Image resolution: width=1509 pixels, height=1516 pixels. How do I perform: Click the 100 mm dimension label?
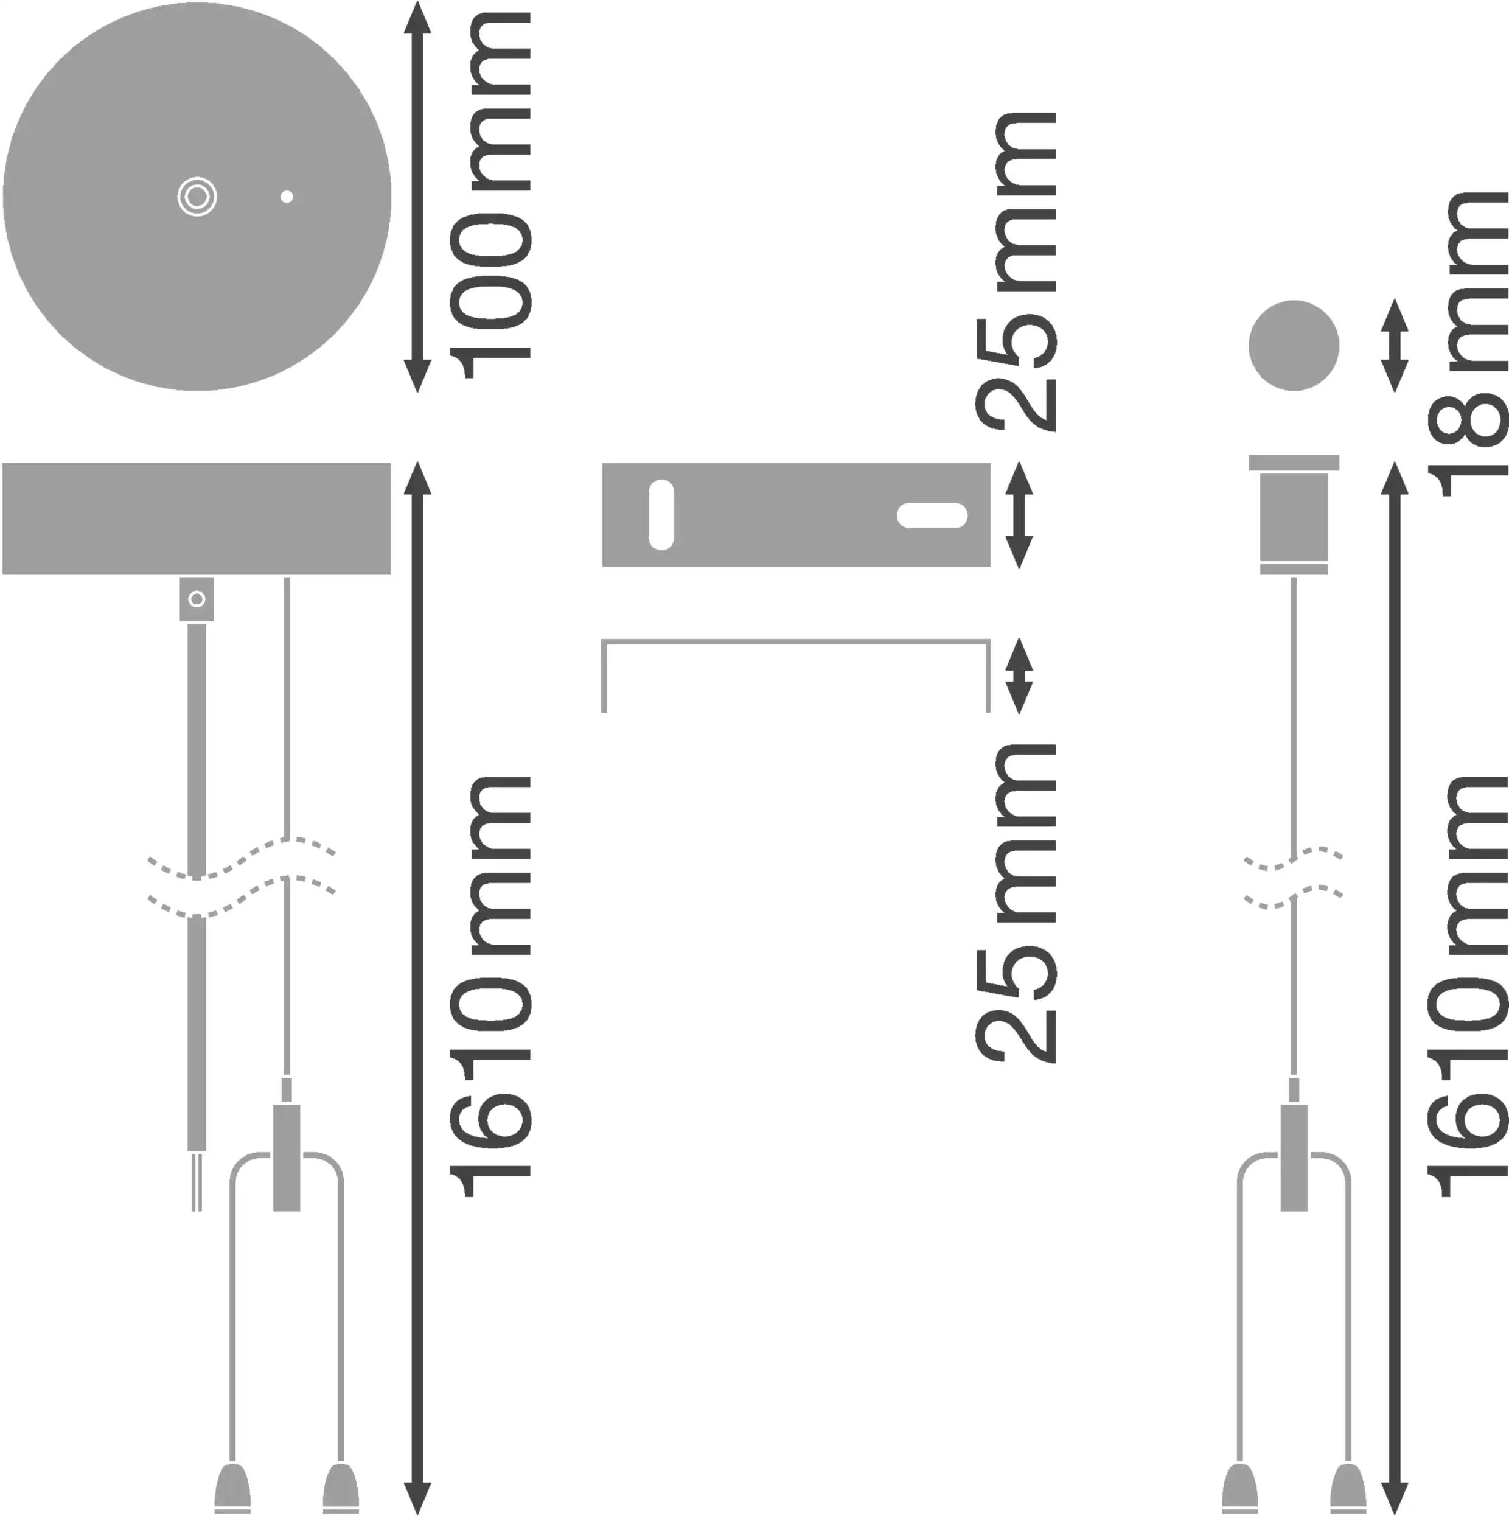point(491,196)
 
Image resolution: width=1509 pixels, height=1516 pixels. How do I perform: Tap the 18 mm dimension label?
point(1466,344)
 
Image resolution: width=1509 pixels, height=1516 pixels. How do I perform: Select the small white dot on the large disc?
point(287,197)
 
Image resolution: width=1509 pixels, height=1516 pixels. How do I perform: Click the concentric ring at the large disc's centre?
point(197,197)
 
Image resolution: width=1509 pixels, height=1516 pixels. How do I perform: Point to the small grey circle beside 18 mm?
point(1294,345)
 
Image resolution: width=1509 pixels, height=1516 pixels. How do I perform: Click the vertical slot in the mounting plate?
point(661,515)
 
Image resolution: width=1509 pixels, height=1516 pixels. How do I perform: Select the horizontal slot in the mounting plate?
point(932,515)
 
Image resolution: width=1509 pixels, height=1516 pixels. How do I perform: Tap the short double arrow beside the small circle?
point(1395,345)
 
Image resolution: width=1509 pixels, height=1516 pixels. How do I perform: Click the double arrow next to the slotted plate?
point(1019,515)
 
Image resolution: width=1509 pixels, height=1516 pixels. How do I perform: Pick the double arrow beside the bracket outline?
point(1019,676)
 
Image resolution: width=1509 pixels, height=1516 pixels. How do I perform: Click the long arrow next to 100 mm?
point(417,197)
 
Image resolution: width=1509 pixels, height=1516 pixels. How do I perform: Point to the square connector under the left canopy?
point(197,599)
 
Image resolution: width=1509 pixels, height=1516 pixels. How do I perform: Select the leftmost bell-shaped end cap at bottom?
point(232,1488)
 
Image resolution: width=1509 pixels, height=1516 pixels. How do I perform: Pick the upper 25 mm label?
point(1016,271)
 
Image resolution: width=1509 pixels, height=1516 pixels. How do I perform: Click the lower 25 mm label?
point(1016,903)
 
